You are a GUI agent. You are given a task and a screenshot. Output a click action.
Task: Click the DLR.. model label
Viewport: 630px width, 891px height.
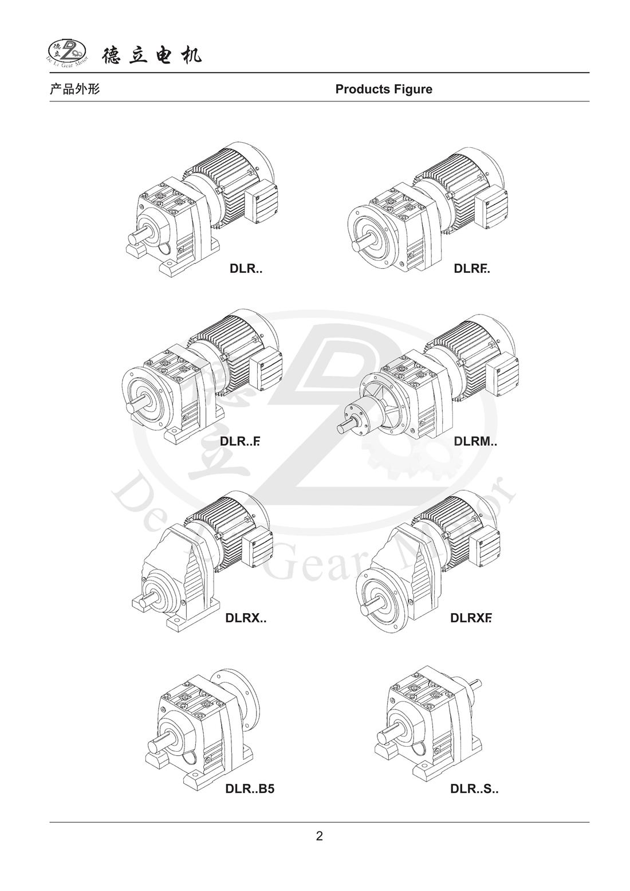(246, 269)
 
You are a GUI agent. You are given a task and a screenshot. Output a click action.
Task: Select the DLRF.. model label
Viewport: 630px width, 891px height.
(472, 269)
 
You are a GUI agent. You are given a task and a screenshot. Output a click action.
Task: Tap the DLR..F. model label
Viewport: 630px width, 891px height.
(240, 441)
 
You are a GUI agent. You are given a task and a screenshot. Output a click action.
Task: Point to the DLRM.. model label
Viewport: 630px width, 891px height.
(475, 441)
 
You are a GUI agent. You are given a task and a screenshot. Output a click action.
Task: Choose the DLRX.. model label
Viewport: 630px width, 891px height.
(246, 618)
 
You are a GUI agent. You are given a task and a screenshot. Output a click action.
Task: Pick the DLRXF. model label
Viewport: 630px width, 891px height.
(471, 618)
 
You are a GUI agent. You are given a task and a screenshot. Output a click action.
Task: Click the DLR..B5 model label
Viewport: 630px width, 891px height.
(250, 788)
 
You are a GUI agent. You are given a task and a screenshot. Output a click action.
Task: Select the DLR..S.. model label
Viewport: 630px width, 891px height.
(474, 788)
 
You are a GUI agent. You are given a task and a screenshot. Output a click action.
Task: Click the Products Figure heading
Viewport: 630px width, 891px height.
(384, 89)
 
